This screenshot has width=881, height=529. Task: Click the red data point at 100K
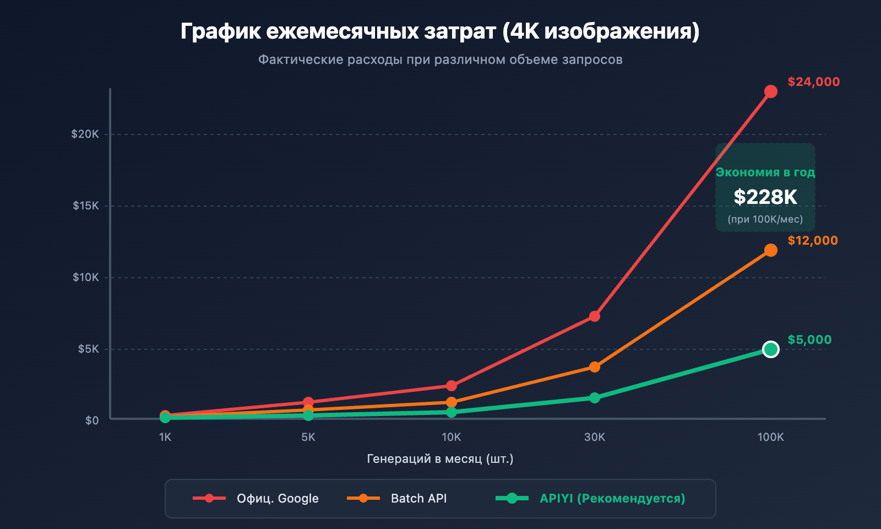point(771,91)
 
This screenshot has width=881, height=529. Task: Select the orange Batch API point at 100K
point(771,250)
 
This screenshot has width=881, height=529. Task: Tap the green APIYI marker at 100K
point(771,349)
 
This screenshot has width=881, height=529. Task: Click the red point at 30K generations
point(595,316)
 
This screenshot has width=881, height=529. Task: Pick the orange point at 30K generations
point(595,367)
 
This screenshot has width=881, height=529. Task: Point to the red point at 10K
point(452,386)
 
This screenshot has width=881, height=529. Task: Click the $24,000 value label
point(813,82)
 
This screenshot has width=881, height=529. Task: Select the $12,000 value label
point(813,241)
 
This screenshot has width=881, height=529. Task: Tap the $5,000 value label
point(809,340)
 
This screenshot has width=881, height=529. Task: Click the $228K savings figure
point(765,197)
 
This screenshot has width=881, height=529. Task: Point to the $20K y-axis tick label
point(85,134)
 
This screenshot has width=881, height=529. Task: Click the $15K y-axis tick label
point(86,206)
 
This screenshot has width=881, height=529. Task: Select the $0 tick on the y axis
point(92,420)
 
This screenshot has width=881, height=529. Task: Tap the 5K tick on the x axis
point(308,438)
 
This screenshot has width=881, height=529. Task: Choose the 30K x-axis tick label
point(595,438)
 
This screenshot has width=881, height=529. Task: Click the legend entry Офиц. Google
point(278,499)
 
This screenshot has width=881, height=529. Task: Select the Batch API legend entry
point(418,499)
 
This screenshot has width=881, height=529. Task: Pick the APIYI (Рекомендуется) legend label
point(612,499)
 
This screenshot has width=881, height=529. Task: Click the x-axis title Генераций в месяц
point(440,459)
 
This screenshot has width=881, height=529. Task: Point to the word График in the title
point(221,32)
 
